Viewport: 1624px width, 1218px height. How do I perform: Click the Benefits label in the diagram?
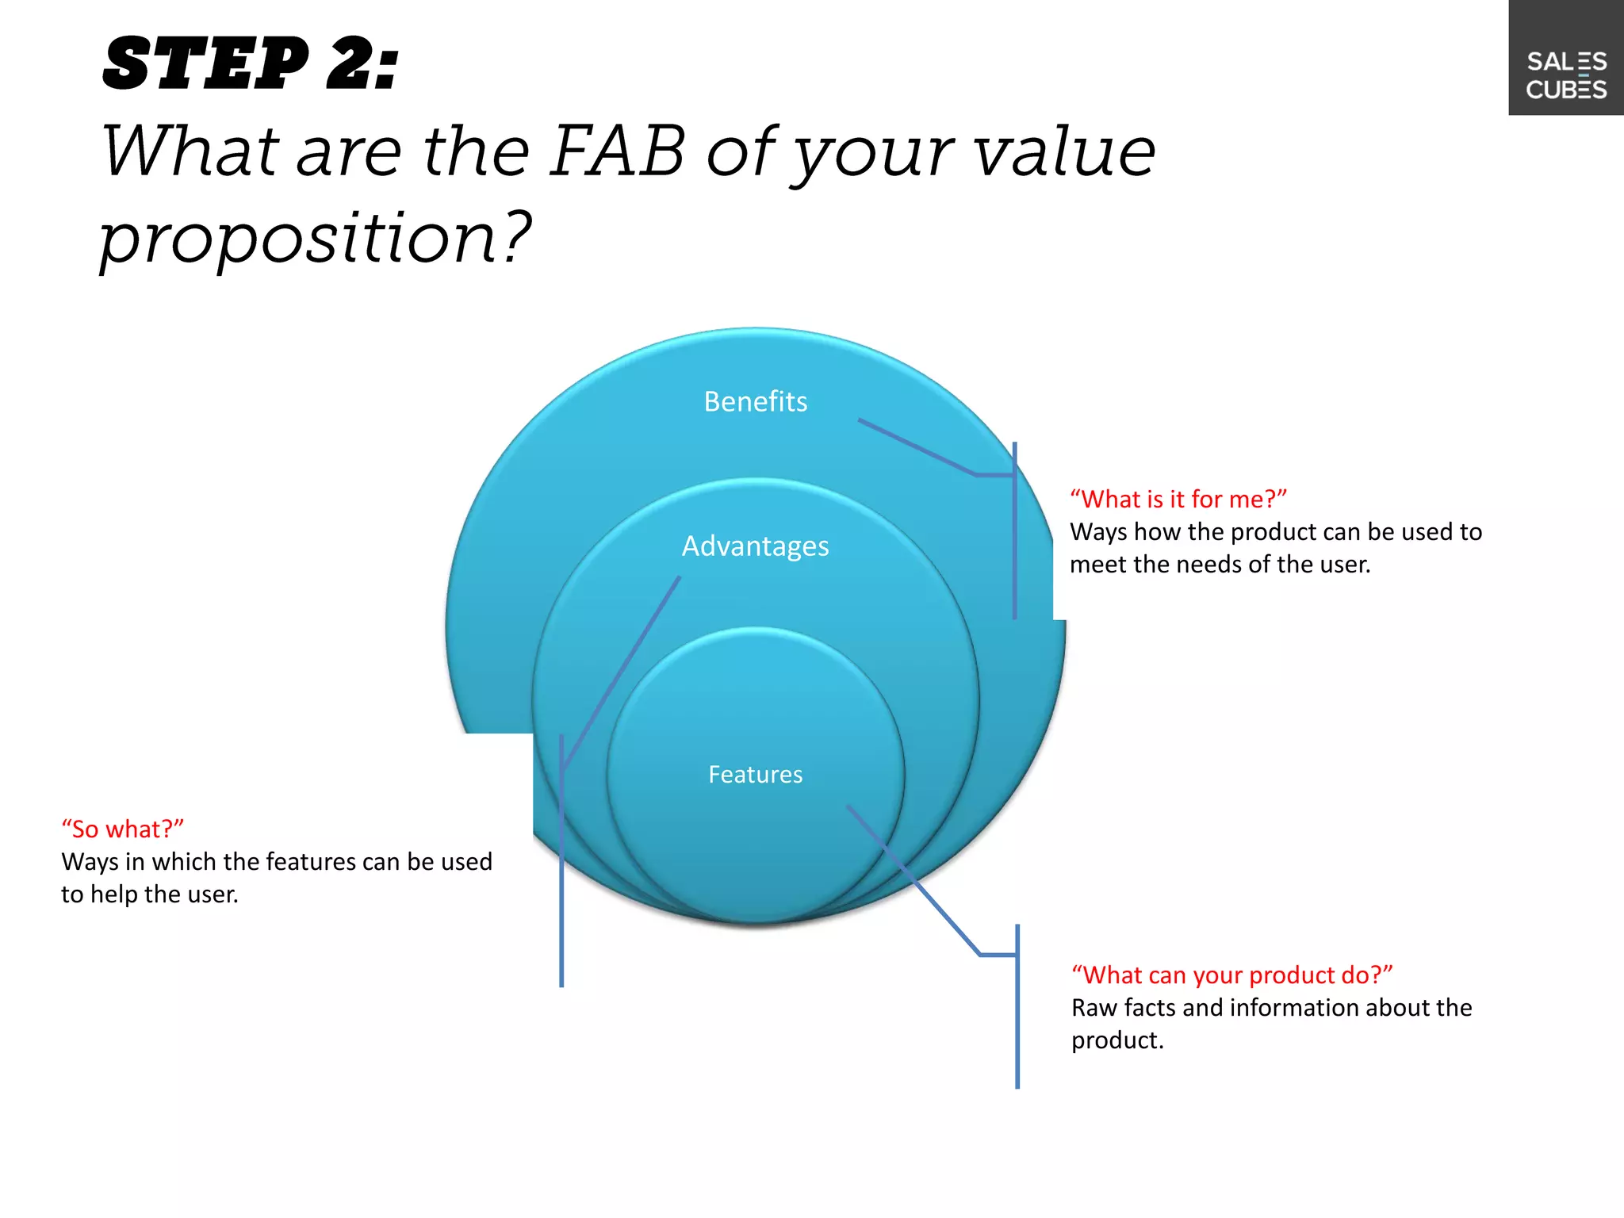point(755,401)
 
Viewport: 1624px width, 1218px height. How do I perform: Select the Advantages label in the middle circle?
point(755,546)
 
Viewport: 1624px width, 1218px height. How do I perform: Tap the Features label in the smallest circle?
point(755,774)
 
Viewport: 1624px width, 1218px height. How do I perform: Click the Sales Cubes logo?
point(1566,75)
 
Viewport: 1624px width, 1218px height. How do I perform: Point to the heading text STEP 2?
point(251,63)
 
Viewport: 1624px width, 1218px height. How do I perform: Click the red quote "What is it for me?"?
point(1178,499)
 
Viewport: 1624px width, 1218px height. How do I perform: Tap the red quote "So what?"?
point(123,829)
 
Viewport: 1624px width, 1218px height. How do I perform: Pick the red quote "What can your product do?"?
point(1232,975)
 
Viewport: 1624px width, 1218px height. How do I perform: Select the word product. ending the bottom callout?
point(1117,1040)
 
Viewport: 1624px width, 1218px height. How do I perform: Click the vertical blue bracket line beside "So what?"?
point(561,912)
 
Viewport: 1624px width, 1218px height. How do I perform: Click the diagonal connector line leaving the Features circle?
point(912,879)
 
